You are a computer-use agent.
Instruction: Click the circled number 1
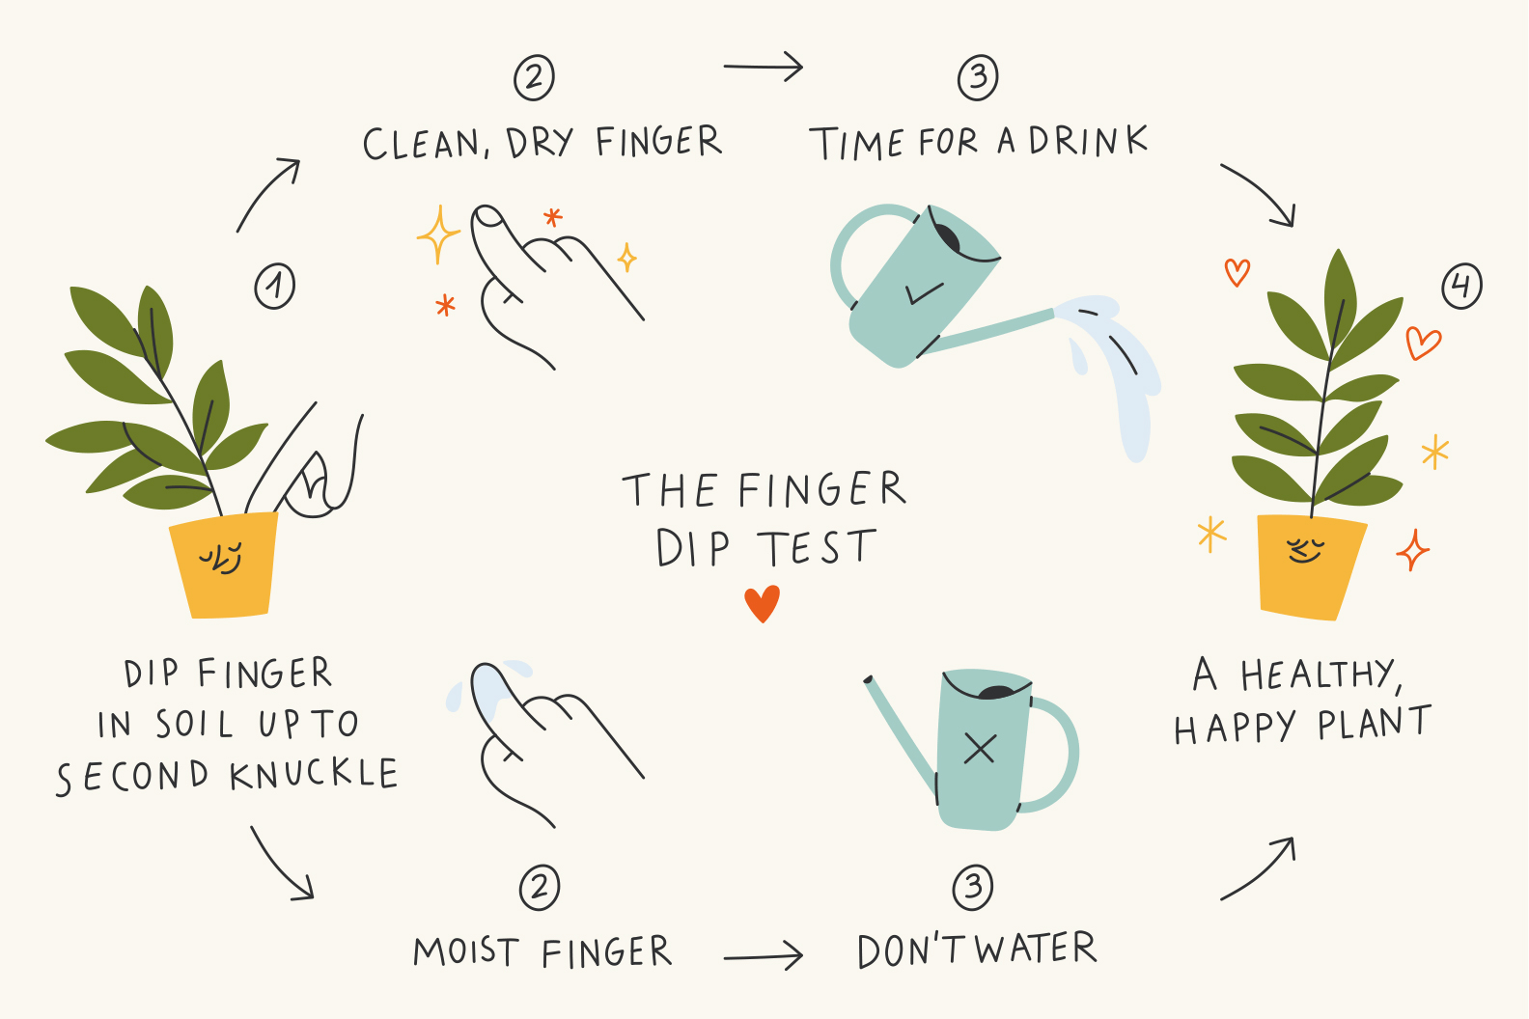[274, 286]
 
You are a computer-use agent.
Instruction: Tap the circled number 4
[1462, 286]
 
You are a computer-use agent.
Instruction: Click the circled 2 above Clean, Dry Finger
[534, 78]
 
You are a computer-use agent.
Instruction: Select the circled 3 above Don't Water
[973, 887]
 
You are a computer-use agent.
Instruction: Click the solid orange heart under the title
[762, 603]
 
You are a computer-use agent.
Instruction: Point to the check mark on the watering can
[924, 292]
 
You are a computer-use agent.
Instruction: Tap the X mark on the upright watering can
[980, 749]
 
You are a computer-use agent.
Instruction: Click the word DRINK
[1089, 141]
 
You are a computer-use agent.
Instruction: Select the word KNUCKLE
[314, 775]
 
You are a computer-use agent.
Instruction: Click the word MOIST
[466, 950]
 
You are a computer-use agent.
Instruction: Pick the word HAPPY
[1235, 726]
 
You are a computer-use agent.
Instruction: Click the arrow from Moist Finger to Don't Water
[764, 956]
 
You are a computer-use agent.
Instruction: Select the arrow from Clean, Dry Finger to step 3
[764, 67]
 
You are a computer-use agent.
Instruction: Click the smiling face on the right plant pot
[1305, 550]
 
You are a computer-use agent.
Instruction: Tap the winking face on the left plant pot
[221, 558]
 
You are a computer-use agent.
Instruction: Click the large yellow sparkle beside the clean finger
[438, 234]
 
